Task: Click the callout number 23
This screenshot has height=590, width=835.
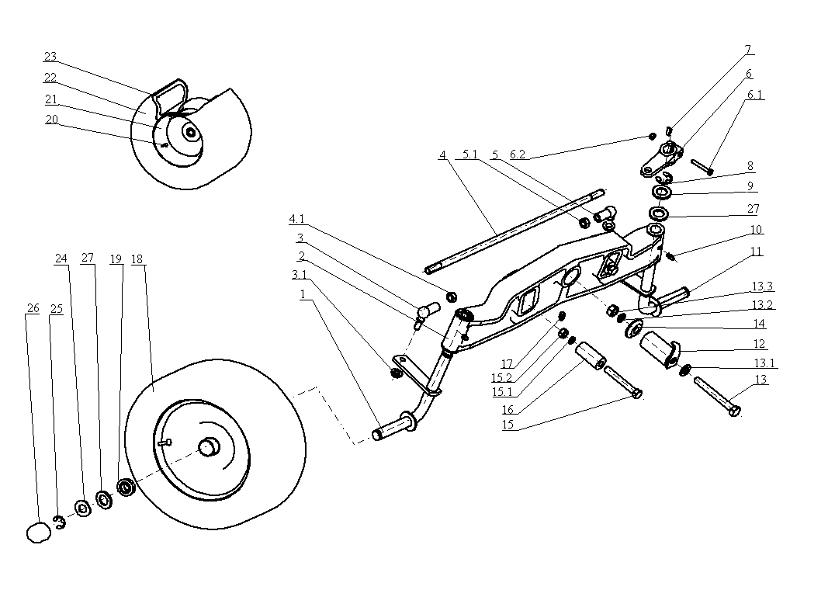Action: click(50, 57)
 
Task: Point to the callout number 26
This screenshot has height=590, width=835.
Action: click(32, 308)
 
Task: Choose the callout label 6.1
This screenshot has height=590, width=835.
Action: click(755, 95)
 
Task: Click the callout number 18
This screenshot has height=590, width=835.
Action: click(137, 259)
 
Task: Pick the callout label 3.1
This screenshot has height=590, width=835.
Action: click(299, 274)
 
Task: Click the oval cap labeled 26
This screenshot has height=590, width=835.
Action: click(37, 533)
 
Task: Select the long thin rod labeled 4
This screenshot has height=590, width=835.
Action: click(512, 232)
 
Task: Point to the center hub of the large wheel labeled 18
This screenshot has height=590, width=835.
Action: click(208, 448)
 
